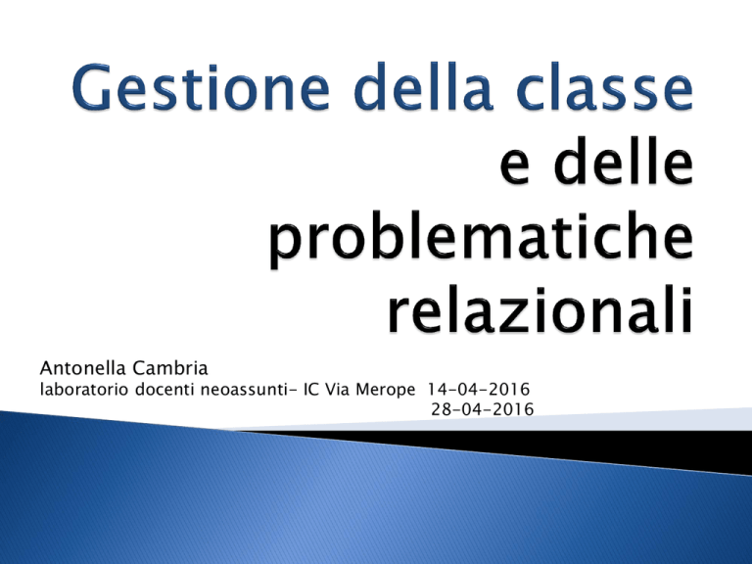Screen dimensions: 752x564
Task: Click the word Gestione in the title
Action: [x=202, y=87]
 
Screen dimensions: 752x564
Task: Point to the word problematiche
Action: [x=481, y=239]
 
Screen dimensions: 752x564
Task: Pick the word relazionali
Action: [x=540, y=309]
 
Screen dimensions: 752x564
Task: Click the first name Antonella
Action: [x=83, y=368]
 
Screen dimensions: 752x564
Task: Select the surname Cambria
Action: [x=170, y=368]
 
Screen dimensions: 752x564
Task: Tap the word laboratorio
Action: [x=84, y=389]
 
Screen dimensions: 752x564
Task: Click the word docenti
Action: [x=164, y=389]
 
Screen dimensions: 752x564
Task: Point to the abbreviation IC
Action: [x=312, y=389]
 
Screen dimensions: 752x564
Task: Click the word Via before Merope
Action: [x=338, y=389]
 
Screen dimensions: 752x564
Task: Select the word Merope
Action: [x=385, y=390]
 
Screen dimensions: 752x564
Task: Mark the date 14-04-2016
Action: [x=479, y=389]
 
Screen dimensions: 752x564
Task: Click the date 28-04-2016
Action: [x=483, y=409]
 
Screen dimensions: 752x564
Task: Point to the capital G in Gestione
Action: [x=92, y=87]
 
